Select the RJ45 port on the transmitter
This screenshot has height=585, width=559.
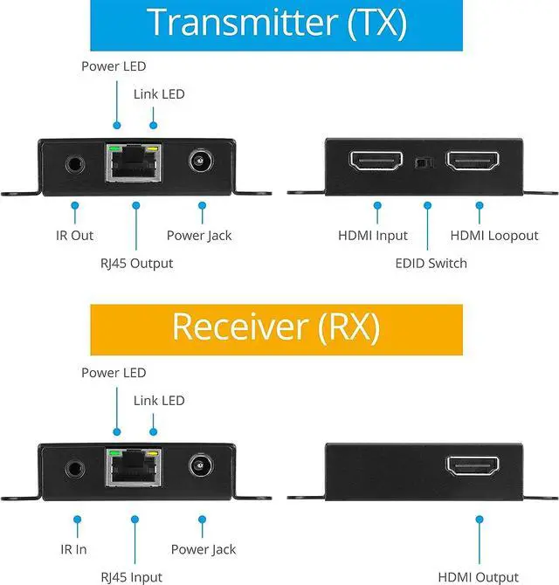point(135,163)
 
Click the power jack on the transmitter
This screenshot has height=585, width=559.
point(202,163)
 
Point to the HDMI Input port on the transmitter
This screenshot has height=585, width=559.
point(376,162)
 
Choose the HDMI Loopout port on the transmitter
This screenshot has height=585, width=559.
point(473,162)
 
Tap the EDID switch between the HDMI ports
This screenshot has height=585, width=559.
point(425,162)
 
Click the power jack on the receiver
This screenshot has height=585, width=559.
point(202,467)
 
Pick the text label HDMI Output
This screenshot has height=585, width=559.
point(479,577)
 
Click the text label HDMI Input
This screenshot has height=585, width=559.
point(373,236)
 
